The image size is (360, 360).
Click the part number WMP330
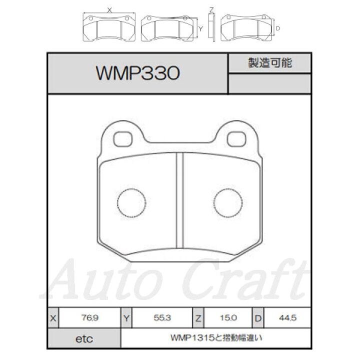point(137,73)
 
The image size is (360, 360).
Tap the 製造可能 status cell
point(270,63)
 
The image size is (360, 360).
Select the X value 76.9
point(90,318)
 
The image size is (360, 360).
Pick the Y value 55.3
point(162,318)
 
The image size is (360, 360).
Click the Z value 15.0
point(228,318)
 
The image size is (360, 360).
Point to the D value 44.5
point(287,318)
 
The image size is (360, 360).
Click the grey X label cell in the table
point(53,318)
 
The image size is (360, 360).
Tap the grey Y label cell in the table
point(126,318)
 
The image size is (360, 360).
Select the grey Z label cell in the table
point(198,318)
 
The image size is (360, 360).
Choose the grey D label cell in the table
point(258,318)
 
